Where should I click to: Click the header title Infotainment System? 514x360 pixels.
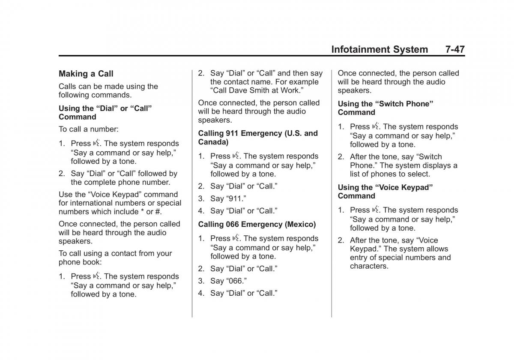[x=380, y=49]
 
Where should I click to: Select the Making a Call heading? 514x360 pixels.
[x=86, y=74]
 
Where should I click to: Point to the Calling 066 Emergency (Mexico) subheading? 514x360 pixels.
[x=257, y=224]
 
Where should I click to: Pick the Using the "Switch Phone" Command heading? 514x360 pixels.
[x=385, y=108]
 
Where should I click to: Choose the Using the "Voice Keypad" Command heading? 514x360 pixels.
[x=385, y=192]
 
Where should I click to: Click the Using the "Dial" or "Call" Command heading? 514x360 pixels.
[x=105, y=113]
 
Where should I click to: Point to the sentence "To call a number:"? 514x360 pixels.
[x=89, y=129]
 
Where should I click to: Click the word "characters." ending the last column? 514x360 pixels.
[x=369, y=266]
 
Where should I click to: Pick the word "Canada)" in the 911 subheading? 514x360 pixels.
[x=213, y=141]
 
